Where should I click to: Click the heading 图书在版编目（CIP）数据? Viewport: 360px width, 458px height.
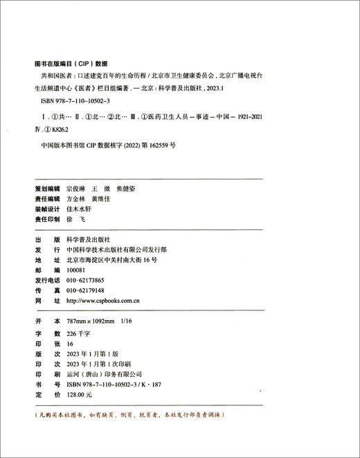pyautogui.click(x=70, y=61)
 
